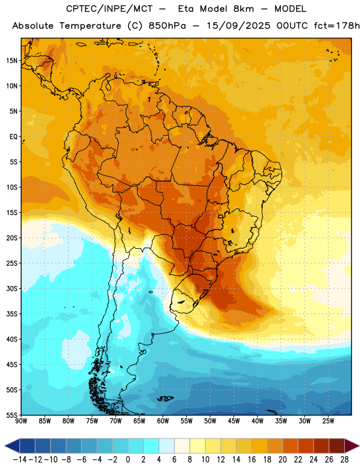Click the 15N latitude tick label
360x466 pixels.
tap(12, 61)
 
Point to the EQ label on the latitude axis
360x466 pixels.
tap(13, 137)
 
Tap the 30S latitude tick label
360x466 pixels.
tap(12, 289)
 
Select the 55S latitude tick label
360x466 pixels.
tap(12, 415)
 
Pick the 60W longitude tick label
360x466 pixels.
tap(163, 421)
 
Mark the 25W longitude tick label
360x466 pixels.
tap(328, 421)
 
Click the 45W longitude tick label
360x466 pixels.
tap(234, 421)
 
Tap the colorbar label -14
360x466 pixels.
tap(20, 460)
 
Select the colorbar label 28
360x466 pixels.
tap(344, 460)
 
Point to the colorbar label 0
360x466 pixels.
tap(128, 460)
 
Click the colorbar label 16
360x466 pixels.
tap(252, 460)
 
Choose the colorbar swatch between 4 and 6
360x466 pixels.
tap(167, 446)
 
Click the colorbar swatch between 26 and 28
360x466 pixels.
tap(337, 446)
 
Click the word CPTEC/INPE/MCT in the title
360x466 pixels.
tap(109, 9)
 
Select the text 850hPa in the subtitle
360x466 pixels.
tap(167, 26)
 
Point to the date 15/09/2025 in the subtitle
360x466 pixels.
tap(239, 26)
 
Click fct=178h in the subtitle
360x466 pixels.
tap(337, 26)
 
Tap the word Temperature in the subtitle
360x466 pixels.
tap(90, 26)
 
